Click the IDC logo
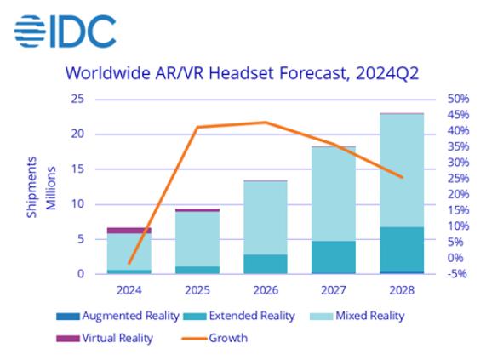coord(65,31)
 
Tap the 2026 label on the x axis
coord(266,290)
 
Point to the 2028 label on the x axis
coord(402,290)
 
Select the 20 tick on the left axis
coord(77,134)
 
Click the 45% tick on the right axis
coord(458,115)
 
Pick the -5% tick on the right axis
coord(457,274)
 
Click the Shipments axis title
coord(31,187)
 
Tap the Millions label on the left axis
coord(51,188)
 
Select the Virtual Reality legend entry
coord(105,338)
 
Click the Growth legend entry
coord(215,338)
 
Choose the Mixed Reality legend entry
coord(357,316)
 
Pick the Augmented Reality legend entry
coord(117,316)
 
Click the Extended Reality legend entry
coord(239,316)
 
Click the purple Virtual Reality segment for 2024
coord(129,230)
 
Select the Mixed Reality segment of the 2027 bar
coord(334,194)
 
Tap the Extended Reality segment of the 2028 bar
coord(402,249)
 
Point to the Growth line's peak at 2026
coord(266,122)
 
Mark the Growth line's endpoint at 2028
coord(402,177)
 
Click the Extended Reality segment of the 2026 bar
coord(266,264)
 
